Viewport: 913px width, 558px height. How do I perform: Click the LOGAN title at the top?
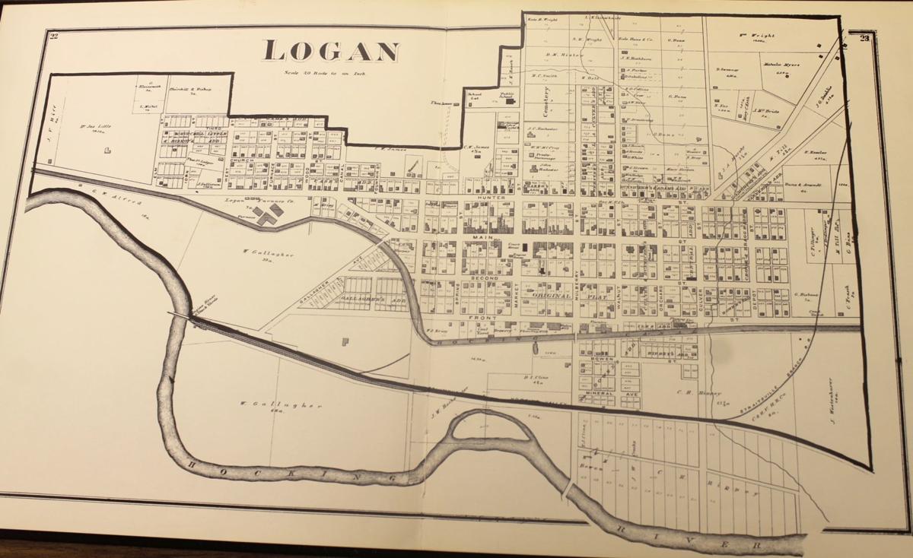click(331, 50)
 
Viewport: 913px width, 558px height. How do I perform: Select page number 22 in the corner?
click(54, 36)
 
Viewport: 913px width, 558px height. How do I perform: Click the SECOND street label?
click(487, 278)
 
